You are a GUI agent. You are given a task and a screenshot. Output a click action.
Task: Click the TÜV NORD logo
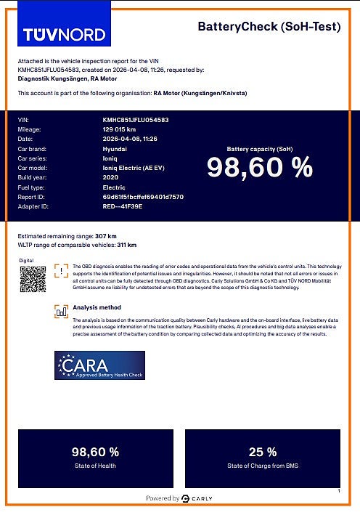coord(64,33)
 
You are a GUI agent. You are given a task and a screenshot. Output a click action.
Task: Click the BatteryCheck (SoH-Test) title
coord(269,27)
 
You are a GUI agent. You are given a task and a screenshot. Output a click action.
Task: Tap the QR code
coord(33,279)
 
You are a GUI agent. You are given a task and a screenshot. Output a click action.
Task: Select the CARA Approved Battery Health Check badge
coord(99,365)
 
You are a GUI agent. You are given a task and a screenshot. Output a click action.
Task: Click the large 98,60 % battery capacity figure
coord(259,168)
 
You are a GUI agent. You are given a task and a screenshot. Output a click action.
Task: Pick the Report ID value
coord(143,197)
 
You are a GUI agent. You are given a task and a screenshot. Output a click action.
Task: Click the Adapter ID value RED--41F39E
coord(123,206)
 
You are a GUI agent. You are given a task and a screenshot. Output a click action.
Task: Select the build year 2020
coord(110,177)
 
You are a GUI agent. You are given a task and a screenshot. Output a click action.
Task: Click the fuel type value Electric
coord(114,187)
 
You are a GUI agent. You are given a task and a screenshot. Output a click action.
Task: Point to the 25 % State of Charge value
coord(262,452)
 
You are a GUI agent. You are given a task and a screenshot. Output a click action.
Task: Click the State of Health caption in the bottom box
coord(95,465)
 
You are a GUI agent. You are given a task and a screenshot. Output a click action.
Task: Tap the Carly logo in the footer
coord(197,498)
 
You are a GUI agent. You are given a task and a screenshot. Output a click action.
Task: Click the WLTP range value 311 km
coord(126,245)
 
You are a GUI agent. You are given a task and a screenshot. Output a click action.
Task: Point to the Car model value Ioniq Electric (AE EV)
coord(134,168)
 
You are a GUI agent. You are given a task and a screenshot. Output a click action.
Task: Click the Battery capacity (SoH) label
coord(259,147)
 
